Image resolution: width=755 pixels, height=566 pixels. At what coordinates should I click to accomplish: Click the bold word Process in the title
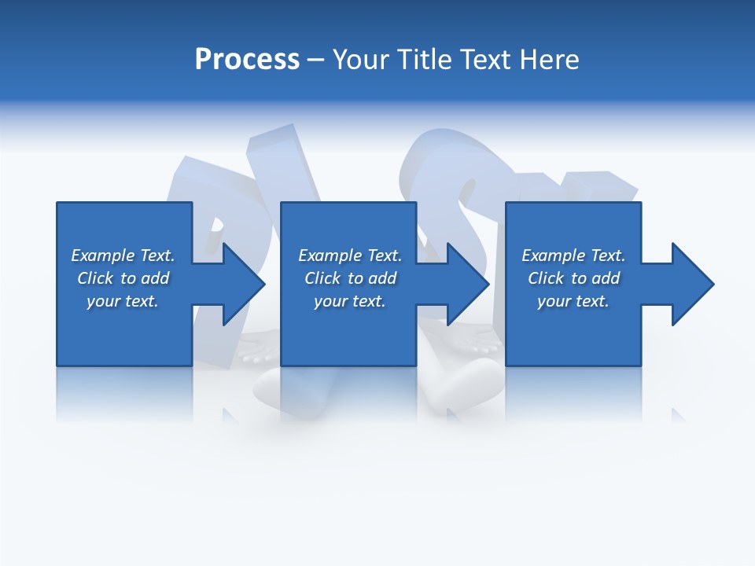point(247,60)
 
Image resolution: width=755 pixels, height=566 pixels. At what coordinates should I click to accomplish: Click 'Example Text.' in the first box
point(123,255)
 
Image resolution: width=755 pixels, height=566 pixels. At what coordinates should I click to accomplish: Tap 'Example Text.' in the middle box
point(349,255)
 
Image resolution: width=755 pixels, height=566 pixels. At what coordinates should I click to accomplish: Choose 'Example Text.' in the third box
point(573,255)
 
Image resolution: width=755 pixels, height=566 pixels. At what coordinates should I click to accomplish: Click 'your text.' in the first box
point(123,301)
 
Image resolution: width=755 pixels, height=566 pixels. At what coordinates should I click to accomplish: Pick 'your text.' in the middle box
point(349,301)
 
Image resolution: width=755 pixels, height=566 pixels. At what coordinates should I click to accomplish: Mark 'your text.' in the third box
point(573,301)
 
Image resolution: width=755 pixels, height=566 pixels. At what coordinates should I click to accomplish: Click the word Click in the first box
point(95,278)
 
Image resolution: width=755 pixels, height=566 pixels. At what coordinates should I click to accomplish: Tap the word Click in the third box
point(546,278)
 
